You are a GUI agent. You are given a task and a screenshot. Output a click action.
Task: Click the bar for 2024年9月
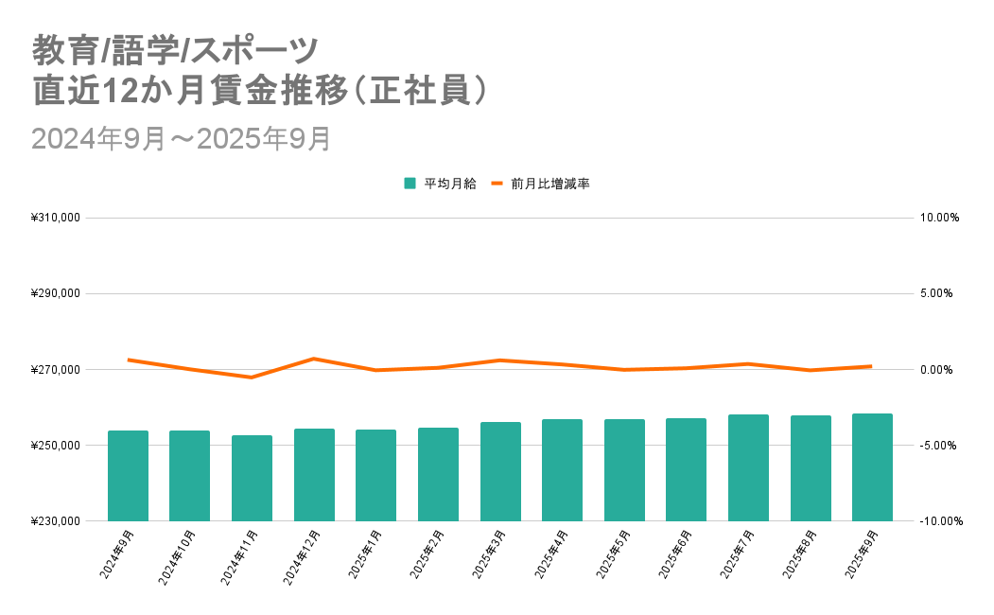click(x=128, y=476)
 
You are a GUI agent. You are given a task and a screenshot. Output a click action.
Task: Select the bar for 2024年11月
click(x=252, y=478)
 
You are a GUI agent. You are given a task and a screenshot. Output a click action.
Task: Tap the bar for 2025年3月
click(x=500, y=471)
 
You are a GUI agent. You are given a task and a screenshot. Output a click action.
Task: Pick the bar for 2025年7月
click(x=748, y=467)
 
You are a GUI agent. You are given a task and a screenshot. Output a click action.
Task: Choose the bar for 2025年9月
click(x=872, y=467)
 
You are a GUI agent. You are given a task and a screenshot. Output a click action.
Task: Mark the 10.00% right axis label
click(x=939, y=218)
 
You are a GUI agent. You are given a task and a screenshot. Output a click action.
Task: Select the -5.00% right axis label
click(x=939, y=446)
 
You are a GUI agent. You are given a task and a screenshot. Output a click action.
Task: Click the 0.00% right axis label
click(x=939, y=369)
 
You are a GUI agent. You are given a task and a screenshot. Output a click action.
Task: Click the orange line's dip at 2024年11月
click(x=252, y=378)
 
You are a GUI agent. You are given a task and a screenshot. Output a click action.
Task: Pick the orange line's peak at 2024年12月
click(x=314, y=359)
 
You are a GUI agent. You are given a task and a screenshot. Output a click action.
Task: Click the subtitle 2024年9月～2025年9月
click(x=181, y=138)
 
